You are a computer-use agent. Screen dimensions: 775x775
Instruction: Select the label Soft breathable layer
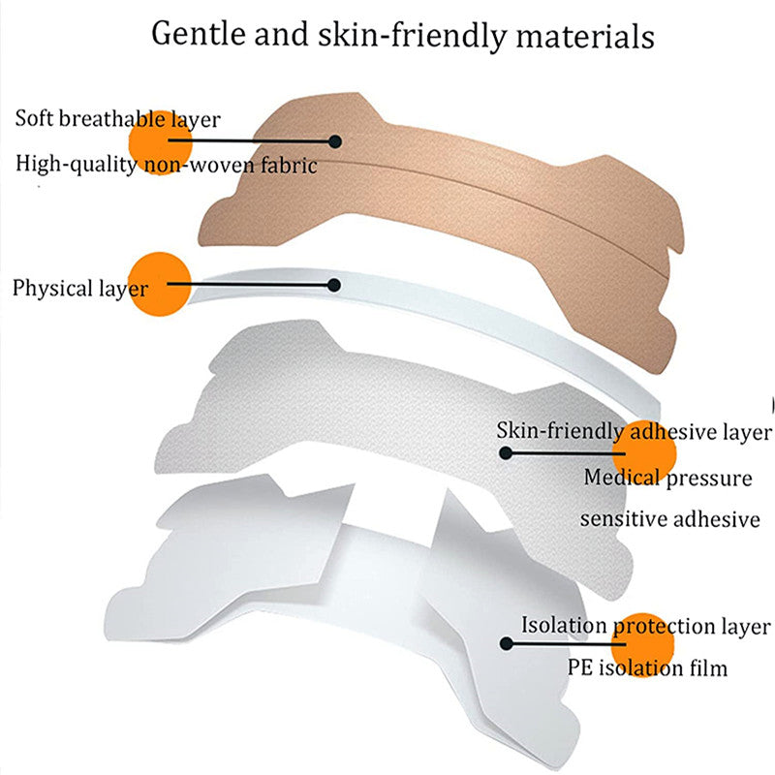(117, 119)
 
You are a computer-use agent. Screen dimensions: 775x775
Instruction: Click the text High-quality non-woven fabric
(167, 165)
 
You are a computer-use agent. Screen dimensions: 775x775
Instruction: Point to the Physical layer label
(80, 288)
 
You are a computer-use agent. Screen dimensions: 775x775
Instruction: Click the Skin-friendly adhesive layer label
(635, 431)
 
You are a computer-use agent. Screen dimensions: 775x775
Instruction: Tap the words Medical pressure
(667, 477)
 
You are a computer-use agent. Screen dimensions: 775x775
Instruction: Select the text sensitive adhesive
(669, 519)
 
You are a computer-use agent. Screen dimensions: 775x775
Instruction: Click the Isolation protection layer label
(646, 626)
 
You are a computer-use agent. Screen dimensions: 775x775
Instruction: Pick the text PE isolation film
(647, 668)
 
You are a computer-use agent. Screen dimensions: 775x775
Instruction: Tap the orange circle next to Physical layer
(158, 283)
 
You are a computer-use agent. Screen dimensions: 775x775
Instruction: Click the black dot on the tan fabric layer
(335, 141)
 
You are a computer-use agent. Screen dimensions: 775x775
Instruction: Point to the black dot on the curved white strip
(334, 285)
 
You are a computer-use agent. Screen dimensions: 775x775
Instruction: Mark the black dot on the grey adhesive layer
(505, 452)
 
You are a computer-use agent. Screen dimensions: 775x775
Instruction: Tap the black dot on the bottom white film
(505, 643)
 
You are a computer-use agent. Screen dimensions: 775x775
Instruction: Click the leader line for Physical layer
(252, 285)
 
